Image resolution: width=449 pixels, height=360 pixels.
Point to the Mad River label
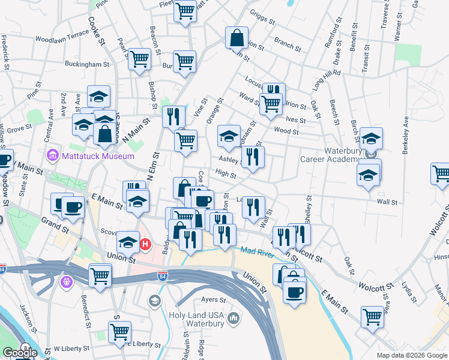coord(258,252)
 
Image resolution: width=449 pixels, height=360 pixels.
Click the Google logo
coord(19,353)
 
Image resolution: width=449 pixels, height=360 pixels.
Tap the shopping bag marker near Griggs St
coord(237,38)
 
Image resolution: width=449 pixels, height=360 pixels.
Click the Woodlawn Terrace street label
coord(62,38)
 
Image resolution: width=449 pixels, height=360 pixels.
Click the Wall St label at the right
coord(387,202)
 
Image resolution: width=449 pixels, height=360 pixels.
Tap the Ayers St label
coord(213,299)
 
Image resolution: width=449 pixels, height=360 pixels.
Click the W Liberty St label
coord(71,348)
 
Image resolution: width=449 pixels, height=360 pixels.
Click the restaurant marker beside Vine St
coord(173,116)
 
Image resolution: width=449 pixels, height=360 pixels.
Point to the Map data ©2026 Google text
coord(412,355)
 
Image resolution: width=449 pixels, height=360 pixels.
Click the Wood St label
coord(286,131)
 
